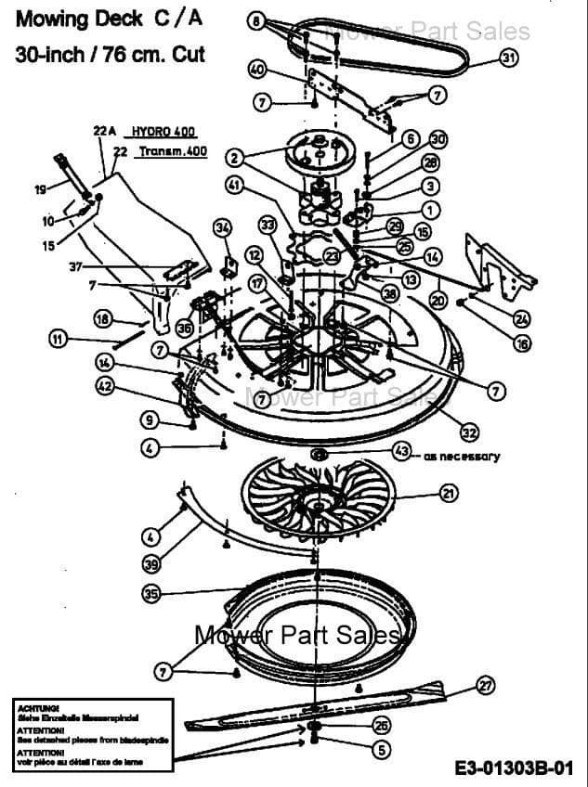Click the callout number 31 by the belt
tap(508, 58)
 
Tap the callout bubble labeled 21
tap(449, 493)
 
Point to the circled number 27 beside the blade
tap(485, 686)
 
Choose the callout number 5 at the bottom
tap(380, 749)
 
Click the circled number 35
tap(150, 592)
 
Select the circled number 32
tap(469, 432)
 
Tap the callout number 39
tap(150, 562)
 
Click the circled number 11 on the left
tap(59, 340)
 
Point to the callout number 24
tap(521, 318)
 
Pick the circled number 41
tap(235, 185)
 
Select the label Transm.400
tap(172, 150)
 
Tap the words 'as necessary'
tap(462, 456)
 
